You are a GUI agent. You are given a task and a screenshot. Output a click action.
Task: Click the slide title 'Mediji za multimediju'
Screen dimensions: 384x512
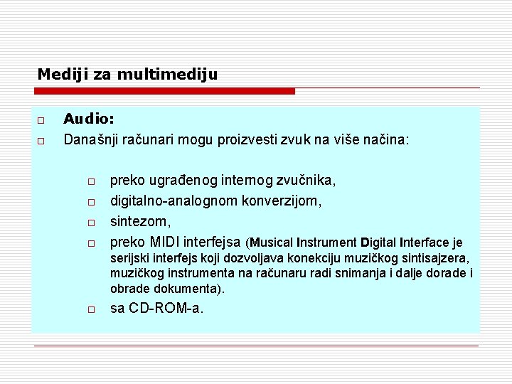(127, 73)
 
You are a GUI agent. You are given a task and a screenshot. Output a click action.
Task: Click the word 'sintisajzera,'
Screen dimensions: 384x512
(435, 258)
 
